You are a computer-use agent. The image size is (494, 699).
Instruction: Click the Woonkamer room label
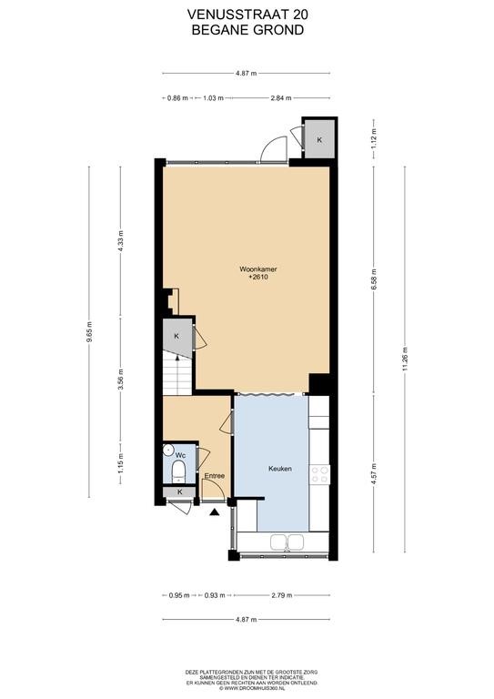point(258,268)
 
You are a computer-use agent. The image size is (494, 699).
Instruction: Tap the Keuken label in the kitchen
point(279,469)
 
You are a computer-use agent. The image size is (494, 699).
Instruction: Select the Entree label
point(215,476)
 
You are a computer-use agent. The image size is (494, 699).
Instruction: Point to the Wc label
point(180,455)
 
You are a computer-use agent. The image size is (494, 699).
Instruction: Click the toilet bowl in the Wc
point(178,471)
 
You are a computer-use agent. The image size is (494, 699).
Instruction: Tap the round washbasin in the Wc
point(168,450)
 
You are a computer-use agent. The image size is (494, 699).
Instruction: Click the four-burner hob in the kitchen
point(319,474)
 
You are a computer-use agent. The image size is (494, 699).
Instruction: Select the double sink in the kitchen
point(287,542)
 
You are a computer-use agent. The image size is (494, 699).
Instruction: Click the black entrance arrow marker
point(215,512)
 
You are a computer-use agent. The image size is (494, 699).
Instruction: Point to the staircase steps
point(176,373)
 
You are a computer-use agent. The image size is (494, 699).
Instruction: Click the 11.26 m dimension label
point(405,359)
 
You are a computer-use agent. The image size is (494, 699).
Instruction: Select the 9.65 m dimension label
point(89,331)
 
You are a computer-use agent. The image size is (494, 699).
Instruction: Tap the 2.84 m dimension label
point(281,98)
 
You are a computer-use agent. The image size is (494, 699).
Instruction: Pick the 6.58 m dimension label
point(373,280)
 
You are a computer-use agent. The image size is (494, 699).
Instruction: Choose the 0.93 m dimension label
point(215,595)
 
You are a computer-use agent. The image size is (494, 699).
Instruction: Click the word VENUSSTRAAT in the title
point(232,15)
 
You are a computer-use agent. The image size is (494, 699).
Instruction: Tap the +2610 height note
point(258,277)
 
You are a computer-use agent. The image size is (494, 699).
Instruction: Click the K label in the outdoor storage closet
point(319,139)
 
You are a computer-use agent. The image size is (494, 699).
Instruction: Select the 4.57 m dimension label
point(373,474)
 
